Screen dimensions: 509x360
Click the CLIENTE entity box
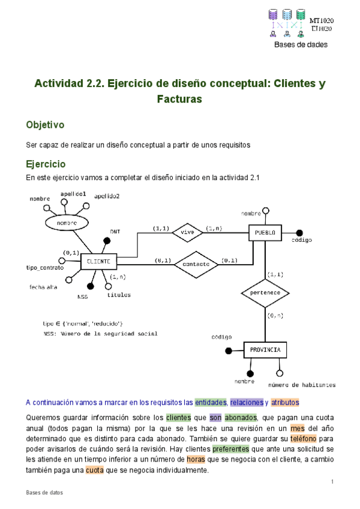(x=98, y=261)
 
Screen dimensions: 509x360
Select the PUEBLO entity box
(x=265, y=232)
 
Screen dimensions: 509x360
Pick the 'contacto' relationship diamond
(x=196, y=263)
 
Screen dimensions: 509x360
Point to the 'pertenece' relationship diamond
(x=265, y=294)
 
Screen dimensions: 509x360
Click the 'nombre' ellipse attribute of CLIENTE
(x=67, y=223)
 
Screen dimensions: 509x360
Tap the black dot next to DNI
(x=107, y=241)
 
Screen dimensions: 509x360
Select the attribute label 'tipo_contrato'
(x=45, y=267)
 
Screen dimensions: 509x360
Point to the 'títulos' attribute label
(x=118, y=295)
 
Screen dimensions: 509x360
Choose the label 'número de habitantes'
(x=302, y=385)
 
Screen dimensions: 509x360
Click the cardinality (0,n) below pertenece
(x=275, y=315)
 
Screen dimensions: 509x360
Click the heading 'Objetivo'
(x=45, y=125)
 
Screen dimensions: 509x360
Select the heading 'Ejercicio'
(x=46, y=164)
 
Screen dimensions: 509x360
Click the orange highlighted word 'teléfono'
(x=298, y=441)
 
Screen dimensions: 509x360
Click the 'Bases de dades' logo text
(x=301, y=44)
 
